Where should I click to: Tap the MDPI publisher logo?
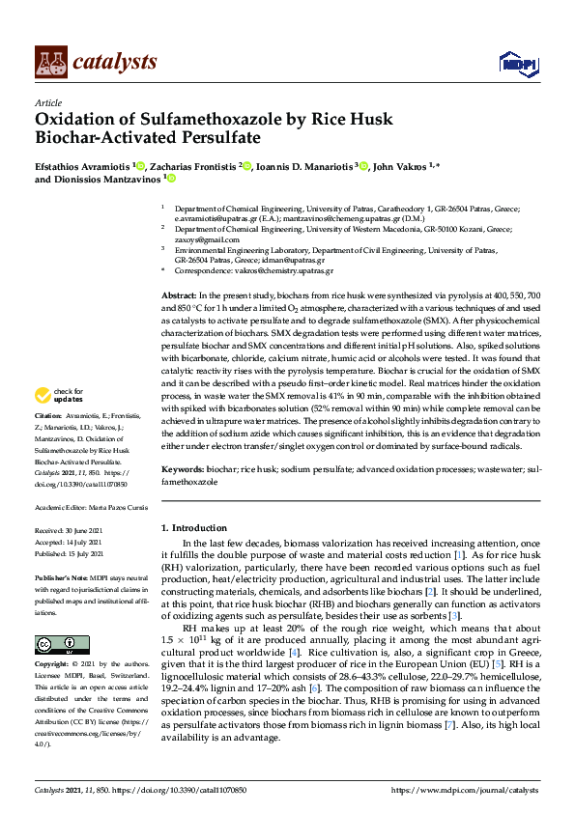coord(516,64)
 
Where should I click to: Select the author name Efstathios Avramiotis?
coord(83,167)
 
